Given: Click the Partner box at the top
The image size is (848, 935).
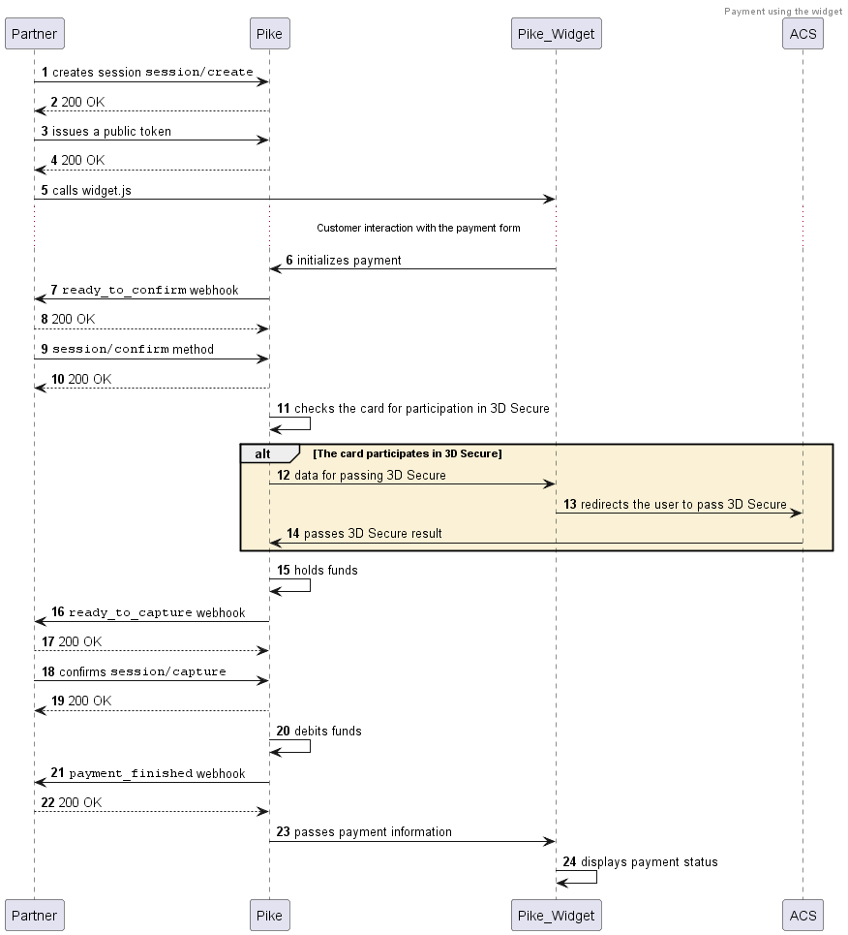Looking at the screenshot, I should tap(34, 34).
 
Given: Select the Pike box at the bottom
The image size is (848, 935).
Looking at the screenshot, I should tap(269, 915).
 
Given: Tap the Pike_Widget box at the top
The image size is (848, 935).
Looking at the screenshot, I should tap(556, 34).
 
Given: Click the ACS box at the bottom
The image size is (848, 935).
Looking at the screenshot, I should tap(803, 915).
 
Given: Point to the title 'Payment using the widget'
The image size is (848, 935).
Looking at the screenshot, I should tap(782, 12).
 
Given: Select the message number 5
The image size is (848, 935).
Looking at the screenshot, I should tap(45, 191).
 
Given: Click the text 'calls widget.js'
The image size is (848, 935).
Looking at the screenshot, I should tap(92, 191).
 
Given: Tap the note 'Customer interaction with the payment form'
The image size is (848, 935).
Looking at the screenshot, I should tap(418, 229).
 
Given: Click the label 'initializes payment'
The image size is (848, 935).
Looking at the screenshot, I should tap(348, 261).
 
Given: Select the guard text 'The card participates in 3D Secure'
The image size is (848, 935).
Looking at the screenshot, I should tap(407, 453).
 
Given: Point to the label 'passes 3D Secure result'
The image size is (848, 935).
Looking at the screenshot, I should tap(373, 534).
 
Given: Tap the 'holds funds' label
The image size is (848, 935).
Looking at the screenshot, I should tap(325, 571).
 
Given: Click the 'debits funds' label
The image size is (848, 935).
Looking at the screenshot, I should tap(327, 732).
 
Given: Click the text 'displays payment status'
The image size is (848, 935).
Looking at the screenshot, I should tap(649, 862).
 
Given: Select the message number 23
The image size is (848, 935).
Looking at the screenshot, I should tap(283, 832).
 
